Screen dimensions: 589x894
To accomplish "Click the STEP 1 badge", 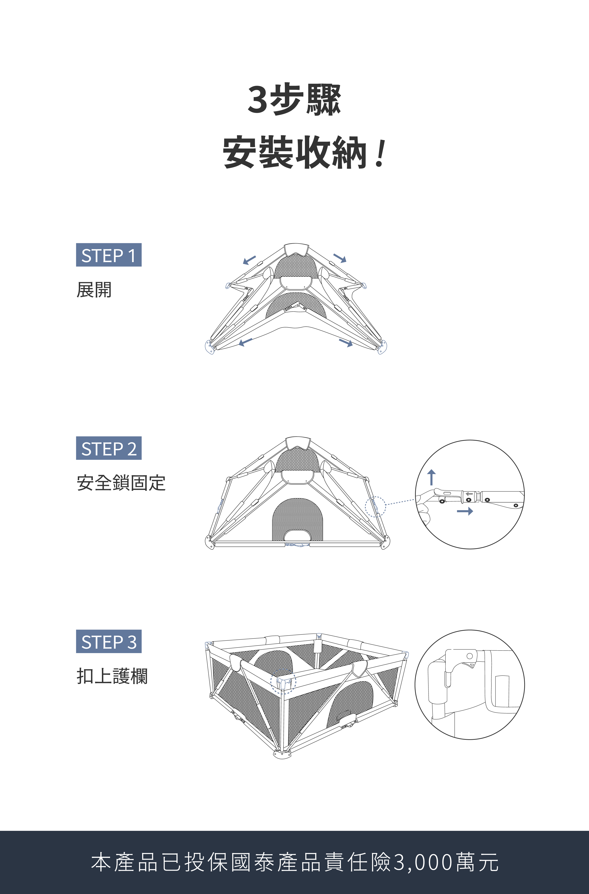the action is [109, 255].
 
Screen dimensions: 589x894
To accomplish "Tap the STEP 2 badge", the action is [109, 448].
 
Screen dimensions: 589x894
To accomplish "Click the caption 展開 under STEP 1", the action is [94, 290].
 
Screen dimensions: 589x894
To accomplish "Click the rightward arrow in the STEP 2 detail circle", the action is [465, 511].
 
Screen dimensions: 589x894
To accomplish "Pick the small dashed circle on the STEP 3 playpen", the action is [284, 681].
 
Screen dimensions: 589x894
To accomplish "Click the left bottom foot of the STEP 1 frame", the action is [210, 347].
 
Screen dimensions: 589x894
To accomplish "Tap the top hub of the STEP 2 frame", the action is [298, 443].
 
